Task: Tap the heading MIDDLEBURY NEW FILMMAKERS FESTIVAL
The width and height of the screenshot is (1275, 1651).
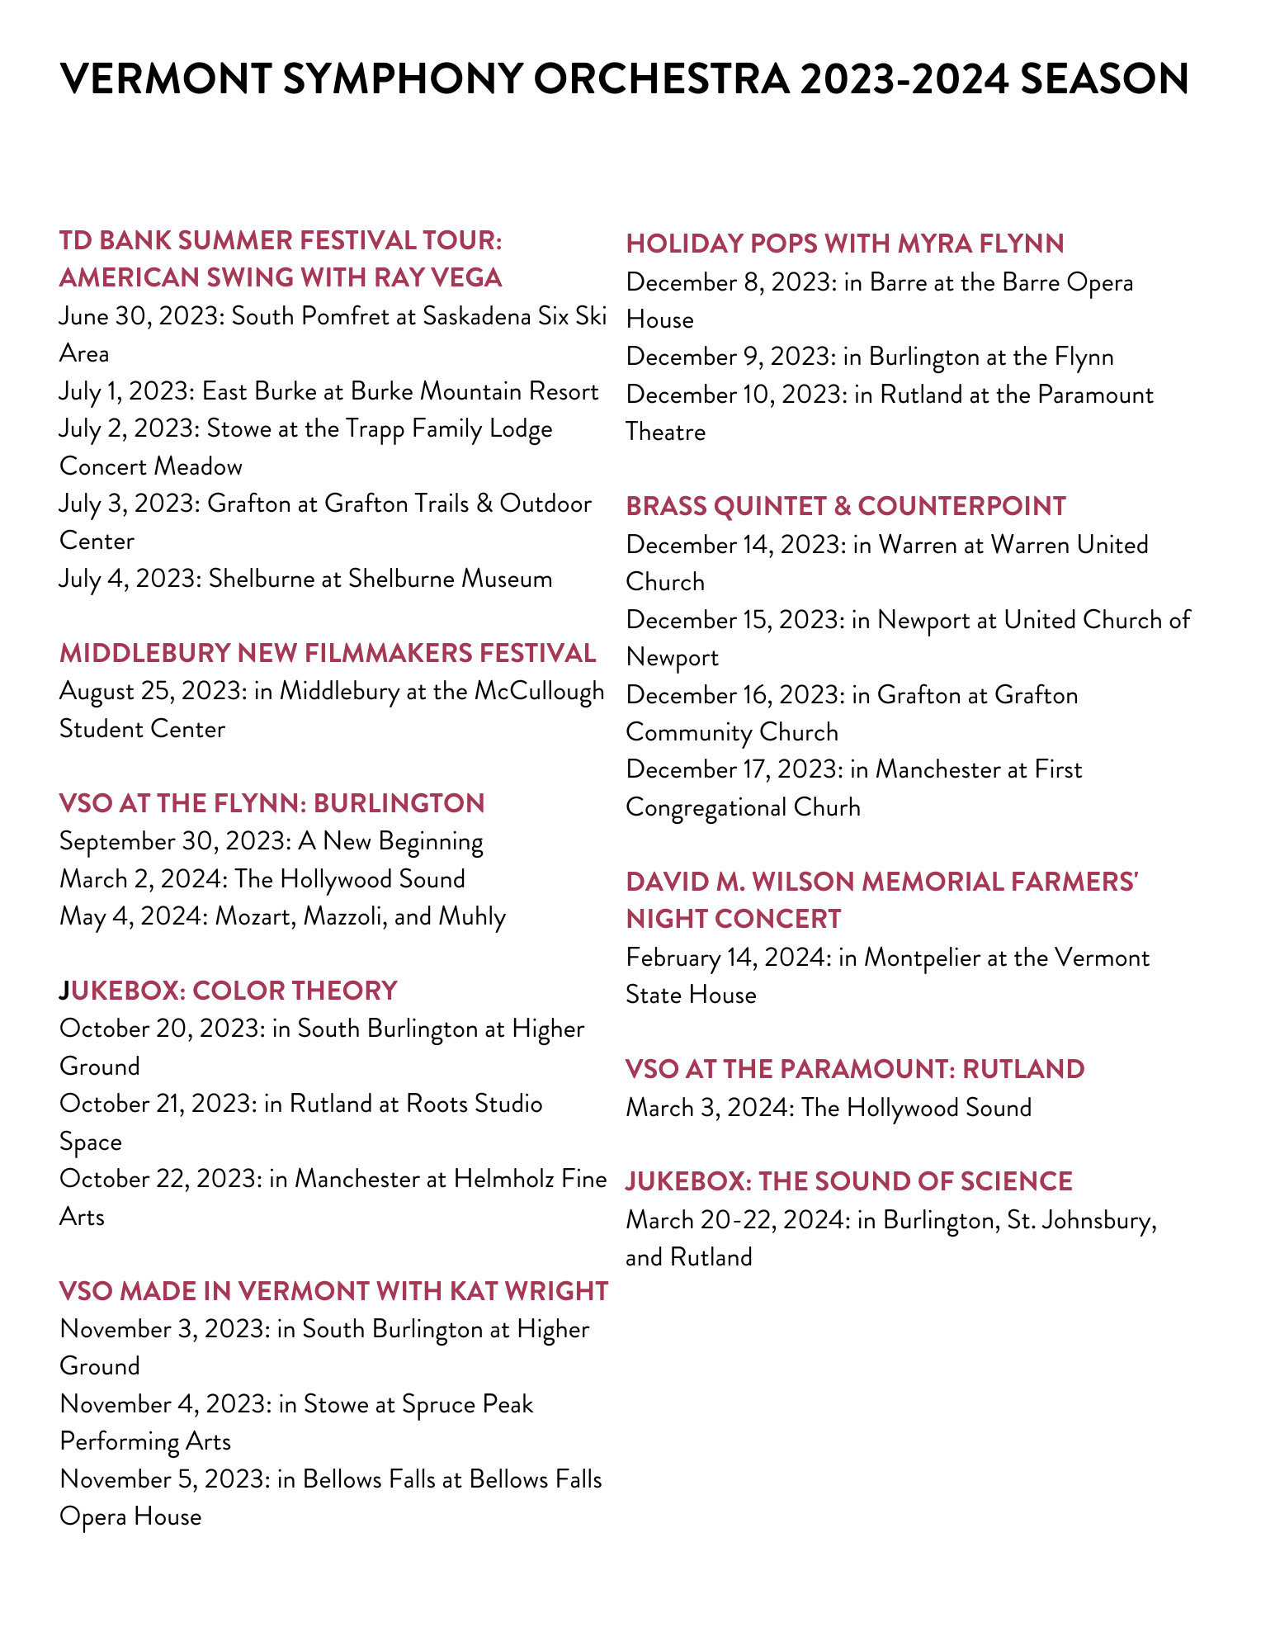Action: [x=328, y=653]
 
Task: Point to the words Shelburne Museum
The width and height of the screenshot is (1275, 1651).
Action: [x=450, y=579]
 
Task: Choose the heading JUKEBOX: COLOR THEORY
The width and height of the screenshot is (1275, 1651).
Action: [x=229, y=991]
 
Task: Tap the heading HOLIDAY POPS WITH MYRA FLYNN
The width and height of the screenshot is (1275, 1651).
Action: [x=845, y=244]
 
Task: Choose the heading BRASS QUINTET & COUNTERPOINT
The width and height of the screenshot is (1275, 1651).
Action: [x=846, y=506]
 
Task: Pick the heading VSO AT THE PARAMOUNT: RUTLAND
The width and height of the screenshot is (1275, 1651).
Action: [x=855, y=1069]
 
